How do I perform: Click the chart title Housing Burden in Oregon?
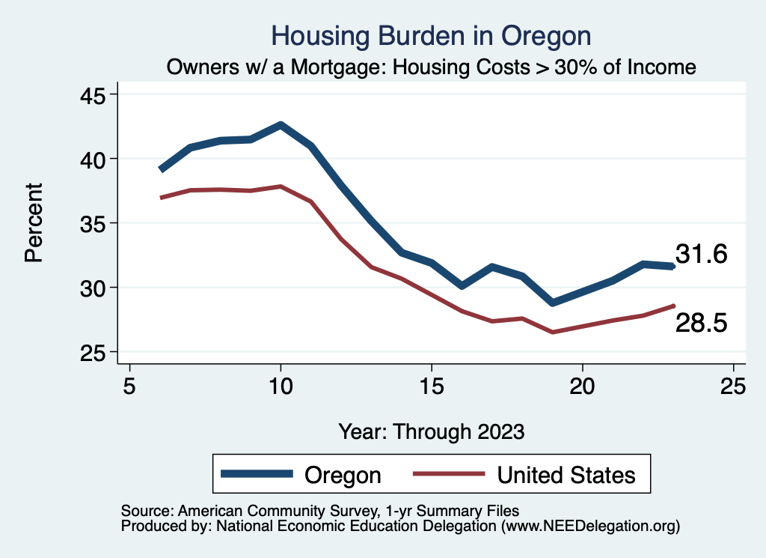[x=431, y=36]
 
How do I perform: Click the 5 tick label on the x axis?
[x=130, y=386]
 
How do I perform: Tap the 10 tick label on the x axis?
[x=281, y=386]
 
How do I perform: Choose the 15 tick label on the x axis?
[x=432, y=386]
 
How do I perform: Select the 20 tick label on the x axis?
[x=582, y=386]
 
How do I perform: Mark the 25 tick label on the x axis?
[x=733, y=386]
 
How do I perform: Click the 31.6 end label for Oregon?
[x=701, y=255]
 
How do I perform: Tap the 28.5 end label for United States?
[x=701, y=323]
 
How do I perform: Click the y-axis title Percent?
[x=34, y=222]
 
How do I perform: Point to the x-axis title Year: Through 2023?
[x=431, y=431]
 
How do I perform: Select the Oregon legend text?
[x=343, y=475]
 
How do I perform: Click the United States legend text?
[x=566, y=475]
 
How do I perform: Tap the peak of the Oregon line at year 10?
[x=281, y=125]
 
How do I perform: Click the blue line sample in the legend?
[x=257, y=474]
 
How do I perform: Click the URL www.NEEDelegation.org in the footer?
[x=590, y=526]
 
